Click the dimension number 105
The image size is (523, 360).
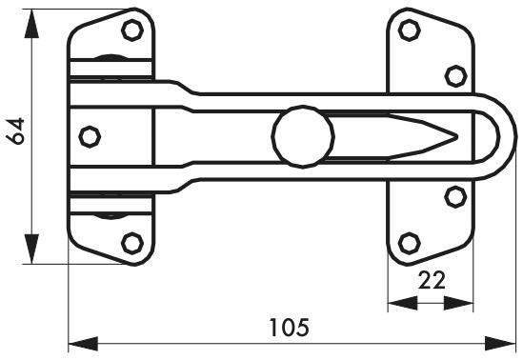pos(289,329)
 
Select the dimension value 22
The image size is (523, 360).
pos(431,280)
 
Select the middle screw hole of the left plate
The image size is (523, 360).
pos(90,137)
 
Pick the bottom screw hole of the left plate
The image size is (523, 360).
pos(132,242)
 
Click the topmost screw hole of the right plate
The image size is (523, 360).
pos(409,30)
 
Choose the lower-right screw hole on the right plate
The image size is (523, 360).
pos(455,197)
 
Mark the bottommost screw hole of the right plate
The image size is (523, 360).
pos(409,242)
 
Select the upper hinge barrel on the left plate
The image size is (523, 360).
pos(112,65)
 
